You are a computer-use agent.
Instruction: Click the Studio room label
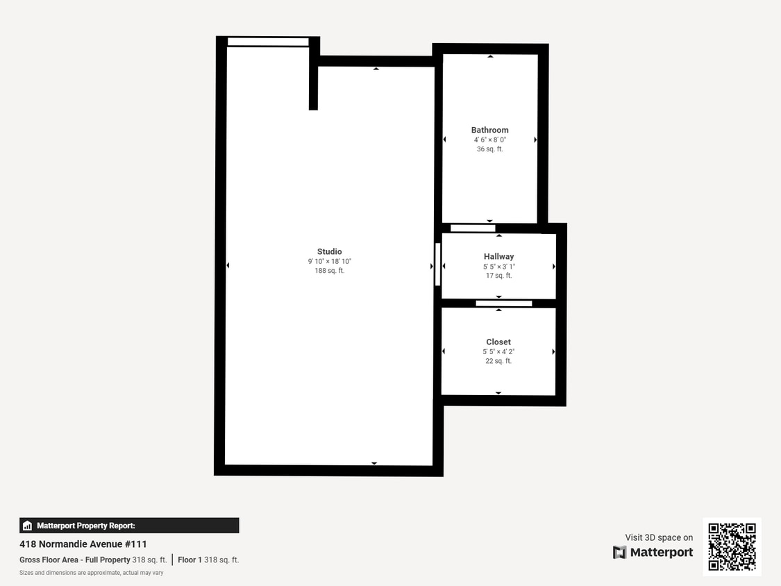[x=329, y=251]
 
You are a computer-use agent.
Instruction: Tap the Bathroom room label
[x=489, y=130]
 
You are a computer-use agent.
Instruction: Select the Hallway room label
[x=498, y=256]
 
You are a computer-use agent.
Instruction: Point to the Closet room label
[x=498, y=342]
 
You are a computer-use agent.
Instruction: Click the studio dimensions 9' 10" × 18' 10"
[x=330, y=261]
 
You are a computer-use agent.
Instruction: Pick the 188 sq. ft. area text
[x=330, y=271]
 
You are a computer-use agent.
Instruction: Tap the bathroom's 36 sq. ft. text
[x=489, y=149]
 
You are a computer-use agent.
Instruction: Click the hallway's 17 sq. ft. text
[x=498, y=276]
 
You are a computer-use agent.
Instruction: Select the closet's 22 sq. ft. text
[x=498, y=361]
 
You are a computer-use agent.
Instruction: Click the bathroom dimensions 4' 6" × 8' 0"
[x=489, y=140]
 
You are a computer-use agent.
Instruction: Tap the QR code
[x=732, y=546]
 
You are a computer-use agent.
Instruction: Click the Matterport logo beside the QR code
[x=653, y=552]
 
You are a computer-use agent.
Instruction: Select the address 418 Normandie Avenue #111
[x=83, y=544]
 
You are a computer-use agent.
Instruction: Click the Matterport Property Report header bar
[x=129, y=526]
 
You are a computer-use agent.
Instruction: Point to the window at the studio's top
[x=268, y=42]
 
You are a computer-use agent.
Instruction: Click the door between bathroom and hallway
[x=473, y=228]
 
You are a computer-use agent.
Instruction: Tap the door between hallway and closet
[x=503, y=303]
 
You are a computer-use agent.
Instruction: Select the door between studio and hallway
[x=437, y=264]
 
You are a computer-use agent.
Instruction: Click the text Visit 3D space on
[x=659, y=537]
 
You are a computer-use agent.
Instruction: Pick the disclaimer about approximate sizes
[x=91, y=573]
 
